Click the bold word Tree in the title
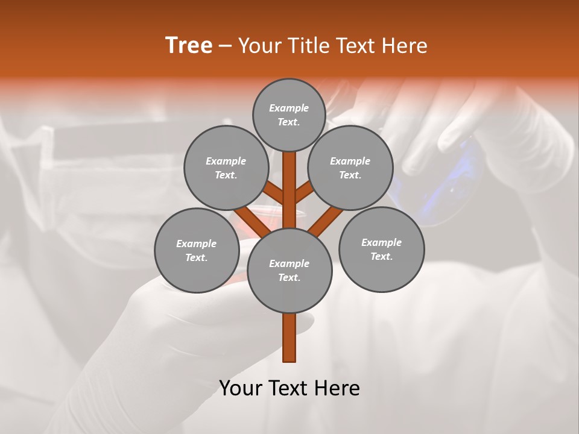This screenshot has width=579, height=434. coord(189,46)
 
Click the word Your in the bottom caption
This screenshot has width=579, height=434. coord(241,388)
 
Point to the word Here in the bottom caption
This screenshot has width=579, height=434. coord(337,388)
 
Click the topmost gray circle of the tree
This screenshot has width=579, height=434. coord(289,115)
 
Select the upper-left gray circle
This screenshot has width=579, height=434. coord(226,168)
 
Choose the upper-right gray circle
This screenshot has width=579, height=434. coord(350,168)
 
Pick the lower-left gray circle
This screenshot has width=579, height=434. coord(197,251)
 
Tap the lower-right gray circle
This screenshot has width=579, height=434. coord(382,250)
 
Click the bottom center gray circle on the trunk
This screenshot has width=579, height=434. coord(289,271)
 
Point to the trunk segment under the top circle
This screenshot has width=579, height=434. coord(289,181)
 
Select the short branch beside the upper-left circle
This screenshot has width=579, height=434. coord(274,193)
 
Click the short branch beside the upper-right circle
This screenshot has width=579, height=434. coord(305,192)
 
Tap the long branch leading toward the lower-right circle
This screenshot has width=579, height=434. coord(326,220)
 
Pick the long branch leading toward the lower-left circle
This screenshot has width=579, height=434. coord(250,220)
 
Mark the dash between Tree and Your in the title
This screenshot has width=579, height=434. coord(225,46)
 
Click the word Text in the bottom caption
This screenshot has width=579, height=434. coord(288,388)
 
